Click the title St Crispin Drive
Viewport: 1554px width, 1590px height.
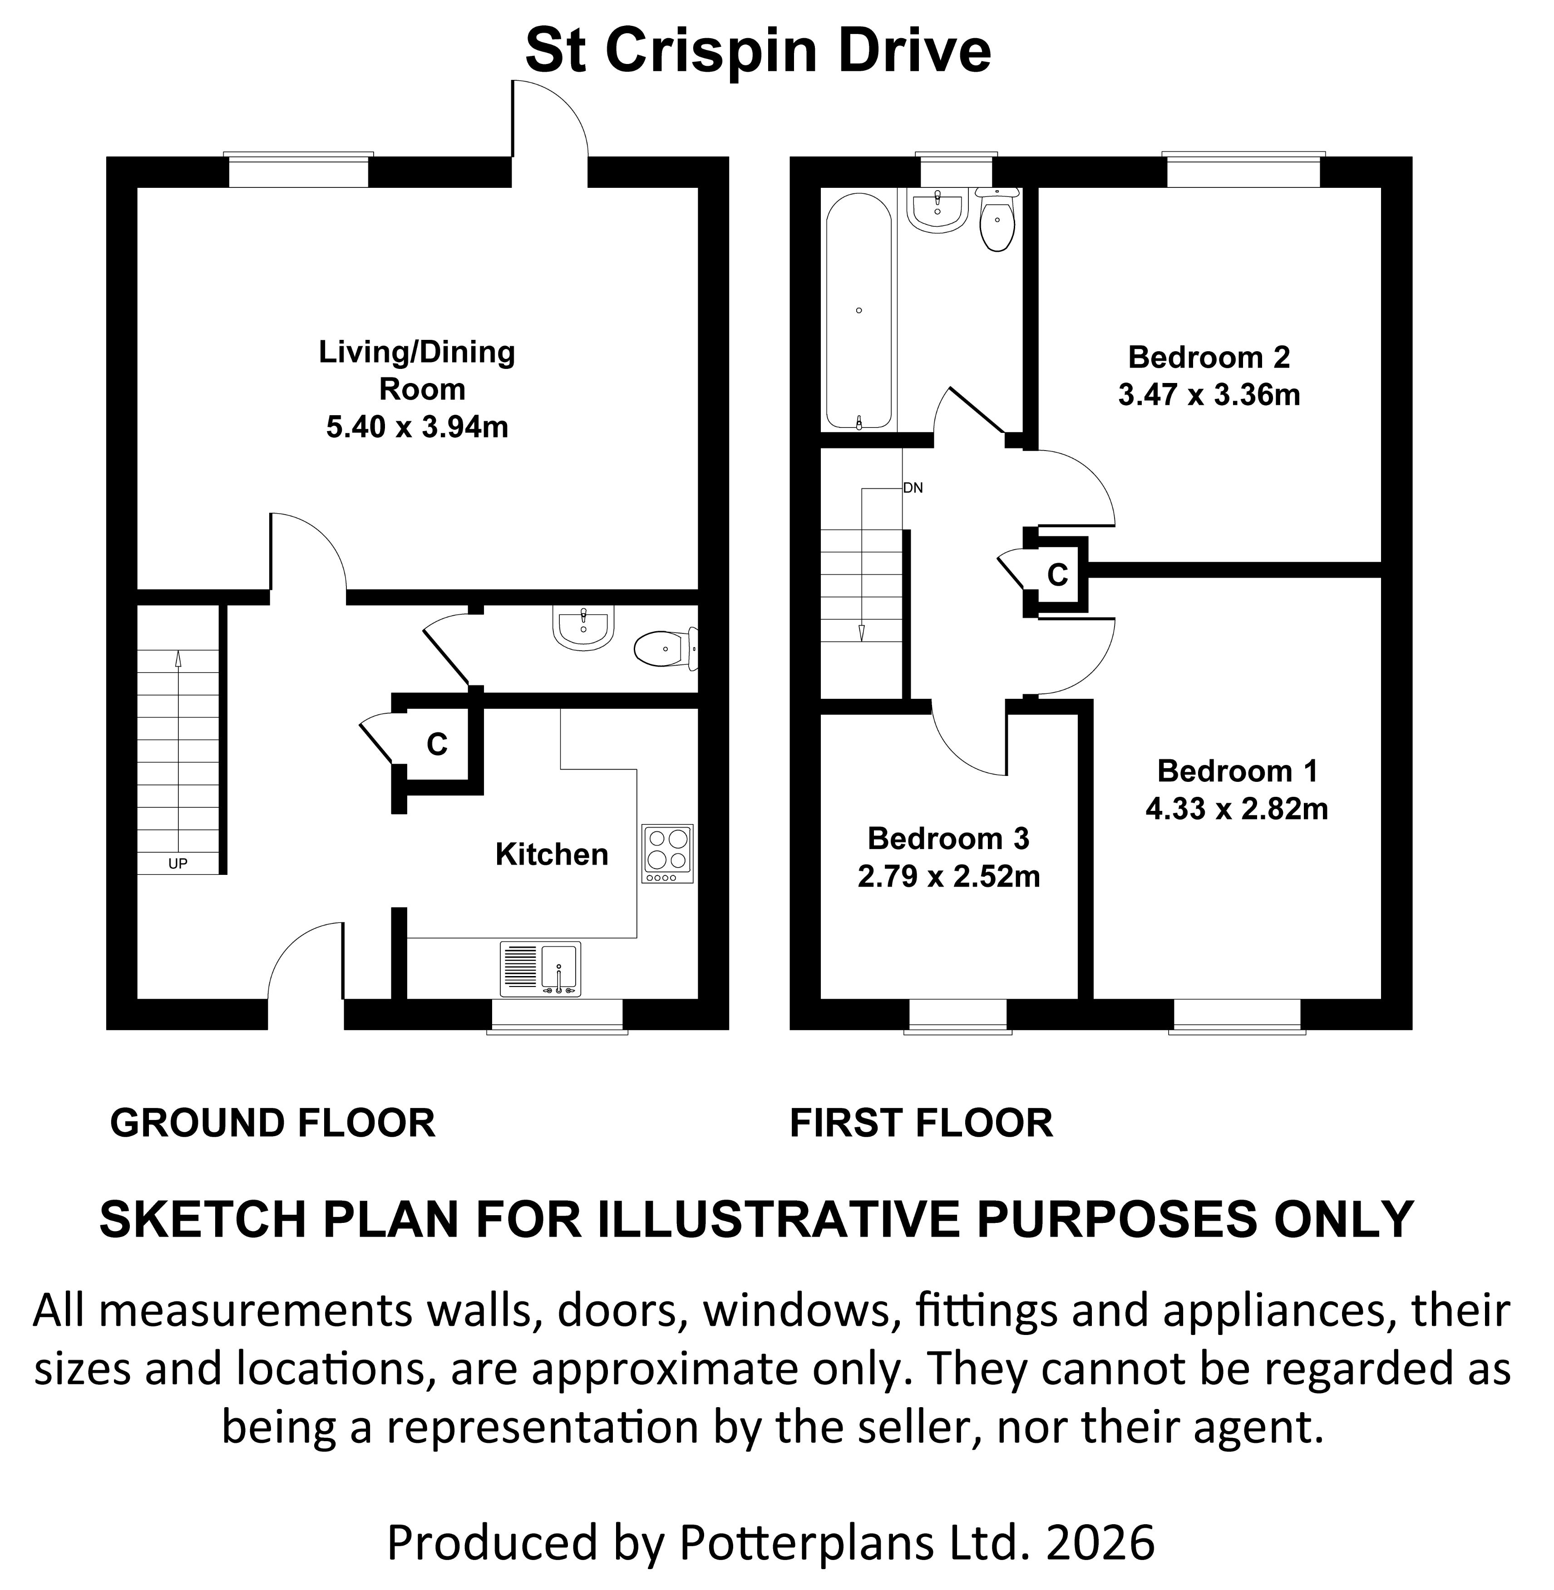(x=757, y=50)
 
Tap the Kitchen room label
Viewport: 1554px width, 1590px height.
(x=552, y=854)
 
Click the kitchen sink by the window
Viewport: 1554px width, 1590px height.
(x=558, y=970)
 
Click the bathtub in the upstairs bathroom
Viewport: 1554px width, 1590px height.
(x=858, y=310)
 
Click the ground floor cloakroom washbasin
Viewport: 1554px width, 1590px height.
(x=583, y=628)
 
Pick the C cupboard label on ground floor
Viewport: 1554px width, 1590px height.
(x=438, y=744)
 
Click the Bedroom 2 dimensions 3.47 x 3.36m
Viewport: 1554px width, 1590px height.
(x=1209, y=396)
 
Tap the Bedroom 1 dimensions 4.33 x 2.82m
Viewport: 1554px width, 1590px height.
(x=1237, y=809)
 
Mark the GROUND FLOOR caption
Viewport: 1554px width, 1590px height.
(x=272, y=1124)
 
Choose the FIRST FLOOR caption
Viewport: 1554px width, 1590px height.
(x=921, y=1124)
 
